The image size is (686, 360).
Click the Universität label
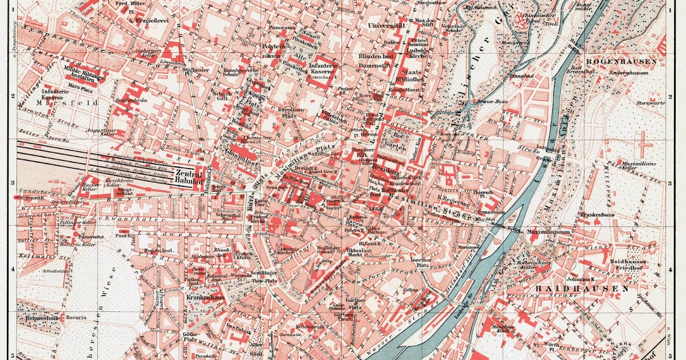386,26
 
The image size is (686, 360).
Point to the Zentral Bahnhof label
189,176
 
